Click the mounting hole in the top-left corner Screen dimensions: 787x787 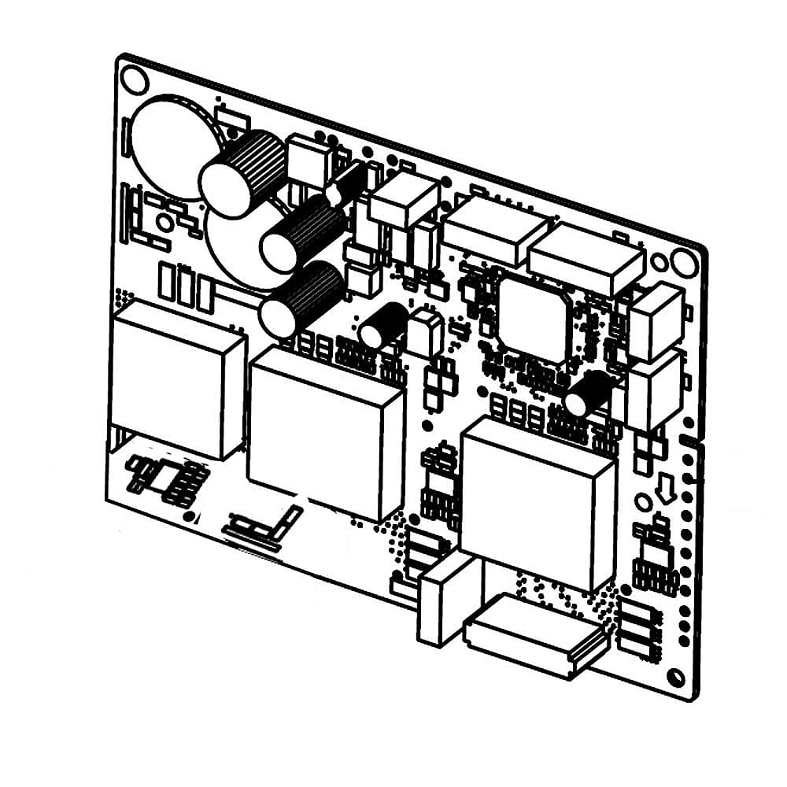tap(135, 79)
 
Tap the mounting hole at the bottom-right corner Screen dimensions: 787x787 tap(675, 677)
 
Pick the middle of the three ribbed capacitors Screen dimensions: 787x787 tap(302, 233)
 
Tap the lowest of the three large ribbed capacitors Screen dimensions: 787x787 tap(302, 300)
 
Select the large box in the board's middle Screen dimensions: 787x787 tap(325, 430)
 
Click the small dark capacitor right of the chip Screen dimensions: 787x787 tap(588, 393)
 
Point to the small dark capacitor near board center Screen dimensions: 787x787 tap(384, 325)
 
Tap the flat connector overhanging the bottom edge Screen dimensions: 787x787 tap(535, 634)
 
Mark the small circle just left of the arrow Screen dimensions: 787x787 tap(643, 502)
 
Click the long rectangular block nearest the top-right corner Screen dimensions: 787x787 tap(587, 258)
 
